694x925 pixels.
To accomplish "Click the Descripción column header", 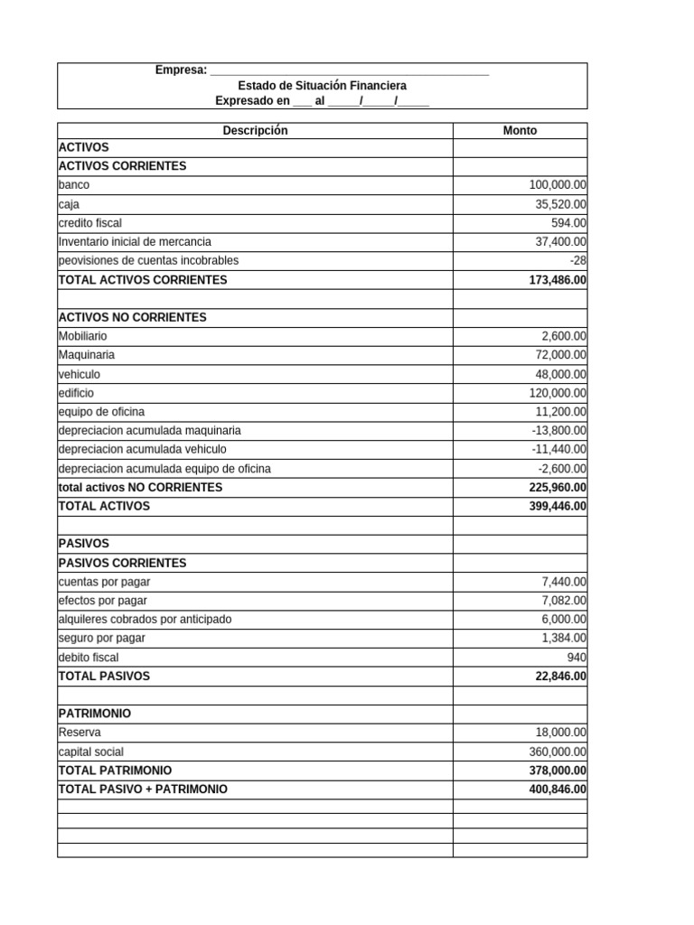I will (x=255, y=130).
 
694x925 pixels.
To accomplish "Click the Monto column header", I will (x=520, y=130).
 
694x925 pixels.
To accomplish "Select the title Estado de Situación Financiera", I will (x=323, y=85).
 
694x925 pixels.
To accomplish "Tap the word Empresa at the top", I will (x=181, y=70).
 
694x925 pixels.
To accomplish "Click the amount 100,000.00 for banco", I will (x=558, y=184).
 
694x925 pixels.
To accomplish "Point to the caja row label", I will (x=69, y=204).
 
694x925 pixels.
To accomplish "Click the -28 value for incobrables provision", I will (x=578, y=260).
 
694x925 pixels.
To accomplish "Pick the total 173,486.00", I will (x=558, y=280).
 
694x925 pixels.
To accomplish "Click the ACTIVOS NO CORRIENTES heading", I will (x=132, y=317).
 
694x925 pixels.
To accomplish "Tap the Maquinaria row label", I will (x=86, y=355).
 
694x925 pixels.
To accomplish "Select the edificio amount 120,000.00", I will (x=558, y=393).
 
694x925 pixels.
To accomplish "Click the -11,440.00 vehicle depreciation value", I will (x=559, y=449).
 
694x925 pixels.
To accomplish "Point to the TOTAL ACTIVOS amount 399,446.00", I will (x=558, y=506).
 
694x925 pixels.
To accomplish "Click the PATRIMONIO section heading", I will (x=94, y=714).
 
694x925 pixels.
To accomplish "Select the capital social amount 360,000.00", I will (x=558, y=752).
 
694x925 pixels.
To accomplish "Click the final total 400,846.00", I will (x=558, y=790).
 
